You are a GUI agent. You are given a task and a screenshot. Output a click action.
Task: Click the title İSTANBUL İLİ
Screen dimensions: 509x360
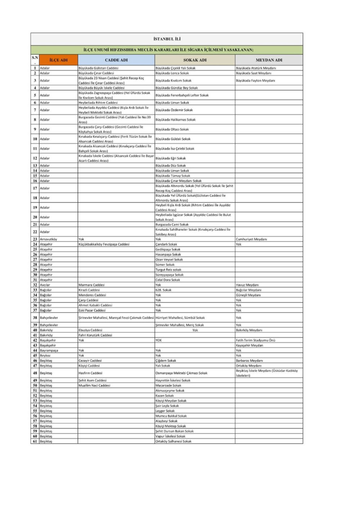pos(167,38)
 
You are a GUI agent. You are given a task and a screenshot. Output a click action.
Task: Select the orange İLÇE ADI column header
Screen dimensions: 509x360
pos(58,60)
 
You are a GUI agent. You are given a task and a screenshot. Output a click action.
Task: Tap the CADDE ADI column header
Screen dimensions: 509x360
pos(116,60)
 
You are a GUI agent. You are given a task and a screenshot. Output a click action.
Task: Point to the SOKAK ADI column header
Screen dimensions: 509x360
pos(194,60)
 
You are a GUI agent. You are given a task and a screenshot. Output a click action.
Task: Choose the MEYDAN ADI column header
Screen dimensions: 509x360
pos(269,60)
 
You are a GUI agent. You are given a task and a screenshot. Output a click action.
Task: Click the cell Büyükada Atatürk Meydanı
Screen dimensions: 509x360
pos(256,68)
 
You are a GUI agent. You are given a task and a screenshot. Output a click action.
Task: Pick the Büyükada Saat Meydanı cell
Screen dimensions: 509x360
pos(254,74)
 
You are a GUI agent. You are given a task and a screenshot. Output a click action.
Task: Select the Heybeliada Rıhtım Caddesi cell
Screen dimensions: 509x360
pos(98,102)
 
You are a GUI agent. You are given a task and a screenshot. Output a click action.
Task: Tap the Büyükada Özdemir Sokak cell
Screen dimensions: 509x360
pos(174,110)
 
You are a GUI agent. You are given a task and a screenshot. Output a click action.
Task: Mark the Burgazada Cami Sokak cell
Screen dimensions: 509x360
pos(172,224)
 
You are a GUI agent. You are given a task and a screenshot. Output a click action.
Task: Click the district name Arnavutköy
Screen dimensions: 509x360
pos(49,239)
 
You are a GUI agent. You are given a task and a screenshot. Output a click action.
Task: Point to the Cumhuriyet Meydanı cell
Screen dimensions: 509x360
pos(251,239)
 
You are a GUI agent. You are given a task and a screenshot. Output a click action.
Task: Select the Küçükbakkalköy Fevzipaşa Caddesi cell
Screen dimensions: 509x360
pos(104,245)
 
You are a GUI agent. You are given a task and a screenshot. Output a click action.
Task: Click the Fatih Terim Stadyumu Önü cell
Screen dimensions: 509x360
pos(255,340)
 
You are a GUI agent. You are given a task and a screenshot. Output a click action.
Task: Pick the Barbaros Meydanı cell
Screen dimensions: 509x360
pos(249,360)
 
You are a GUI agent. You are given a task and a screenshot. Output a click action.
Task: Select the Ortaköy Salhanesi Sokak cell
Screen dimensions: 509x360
pos(173,441)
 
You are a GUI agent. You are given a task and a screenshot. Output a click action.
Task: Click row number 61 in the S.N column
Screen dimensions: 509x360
pos(35,441)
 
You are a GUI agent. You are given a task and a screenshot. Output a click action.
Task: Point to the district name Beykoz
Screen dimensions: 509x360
pos(46,355)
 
